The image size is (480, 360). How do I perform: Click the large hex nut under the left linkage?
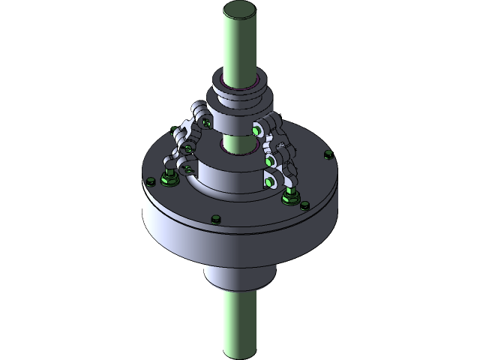tap(168, 180)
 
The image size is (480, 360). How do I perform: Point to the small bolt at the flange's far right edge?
tap(326, 155)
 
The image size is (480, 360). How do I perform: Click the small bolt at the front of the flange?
tap(216, 219)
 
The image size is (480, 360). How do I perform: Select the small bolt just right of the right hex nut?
tap(305, 204)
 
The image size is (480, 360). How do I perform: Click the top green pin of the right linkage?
tap(257, 130)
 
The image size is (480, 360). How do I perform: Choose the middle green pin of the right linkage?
tap(267, 160)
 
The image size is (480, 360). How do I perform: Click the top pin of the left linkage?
tap(203, 121)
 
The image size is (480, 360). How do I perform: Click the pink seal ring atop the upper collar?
tap(257, 79)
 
